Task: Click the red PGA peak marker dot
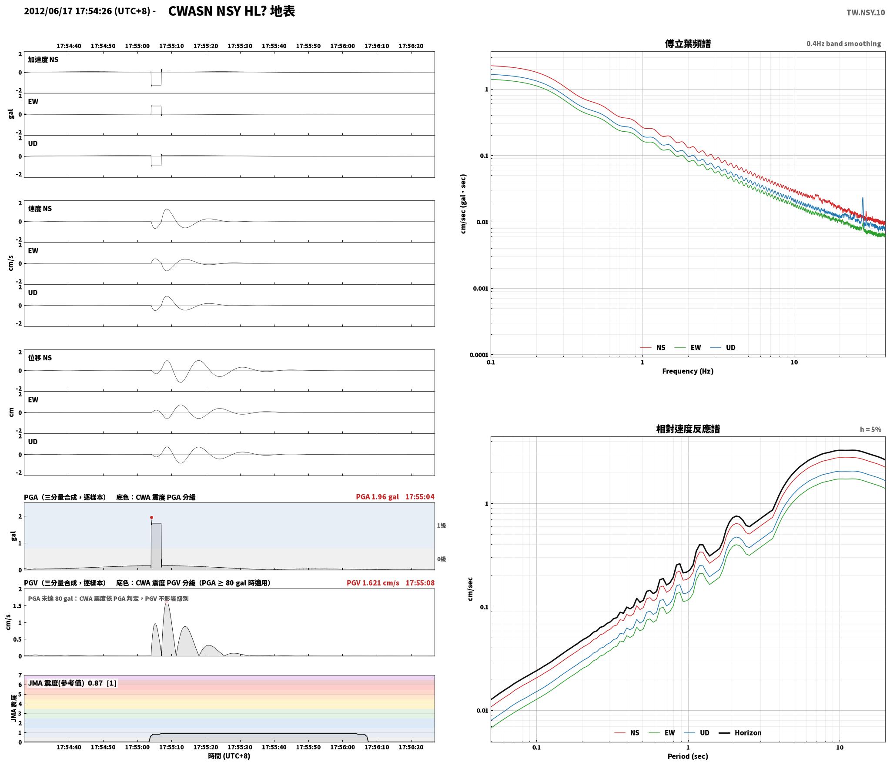point(151,517)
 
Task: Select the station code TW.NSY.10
point(865,12)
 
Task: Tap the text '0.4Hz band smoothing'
point(843,43)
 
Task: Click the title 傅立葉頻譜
point(688,43)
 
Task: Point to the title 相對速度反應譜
point(688,429)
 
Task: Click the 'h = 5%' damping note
point(870,429)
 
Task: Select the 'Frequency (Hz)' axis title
point(688,371)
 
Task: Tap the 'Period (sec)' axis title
point(688,756)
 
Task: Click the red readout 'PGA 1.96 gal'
point(377,496)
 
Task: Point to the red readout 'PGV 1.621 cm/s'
point(373,582)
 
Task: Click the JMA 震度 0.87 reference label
point(72,683)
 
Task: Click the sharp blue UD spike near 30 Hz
point(863,204)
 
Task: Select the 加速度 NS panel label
point(43,60)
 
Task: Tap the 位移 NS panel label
point(40,358)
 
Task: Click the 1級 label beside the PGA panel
point(442,526)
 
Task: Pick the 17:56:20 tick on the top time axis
point(411,46)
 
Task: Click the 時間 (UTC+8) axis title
point(229,755)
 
